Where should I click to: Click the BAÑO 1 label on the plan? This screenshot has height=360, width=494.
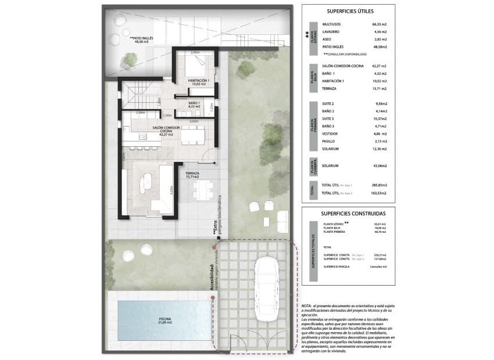194,105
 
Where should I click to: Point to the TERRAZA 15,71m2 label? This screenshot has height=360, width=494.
193,174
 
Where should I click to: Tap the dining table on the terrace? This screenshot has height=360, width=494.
203,187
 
